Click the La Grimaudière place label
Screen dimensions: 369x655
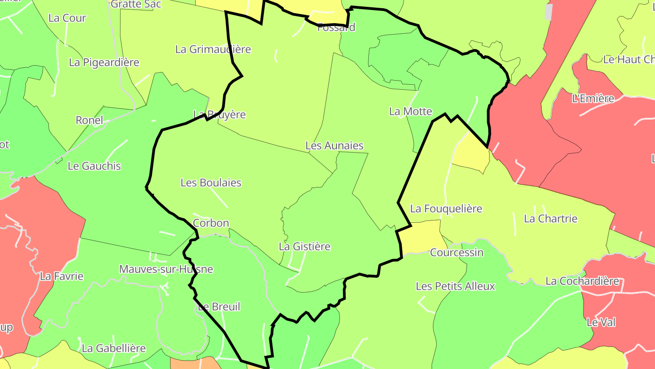coord(213,49)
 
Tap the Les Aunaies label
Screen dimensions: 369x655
coord(334,146)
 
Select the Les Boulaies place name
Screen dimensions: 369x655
coord(211,183)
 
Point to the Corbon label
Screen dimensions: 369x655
coord(211,223)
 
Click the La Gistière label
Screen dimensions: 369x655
coord(304,246)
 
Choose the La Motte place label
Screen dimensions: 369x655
coord(410,111)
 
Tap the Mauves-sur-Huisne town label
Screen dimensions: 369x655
coord(166,269)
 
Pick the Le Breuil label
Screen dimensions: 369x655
coord(219,307)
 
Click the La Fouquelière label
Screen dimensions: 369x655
coord(446,209)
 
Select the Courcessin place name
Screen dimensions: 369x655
coord(457,252)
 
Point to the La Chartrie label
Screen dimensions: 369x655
coord(550,219)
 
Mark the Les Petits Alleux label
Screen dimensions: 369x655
coord(455,287)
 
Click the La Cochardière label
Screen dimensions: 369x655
coord(582,281)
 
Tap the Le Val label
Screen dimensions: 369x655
coord(601,323)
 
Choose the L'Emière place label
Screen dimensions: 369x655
coord(593,98)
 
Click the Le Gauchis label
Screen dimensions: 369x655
coord(94,166)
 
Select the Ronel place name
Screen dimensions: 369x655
coord(89,120)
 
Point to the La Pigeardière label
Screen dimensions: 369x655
coord(104,62)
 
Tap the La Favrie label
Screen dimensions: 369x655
coord(62,276)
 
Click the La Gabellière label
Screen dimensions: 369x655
coord(114,348)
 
